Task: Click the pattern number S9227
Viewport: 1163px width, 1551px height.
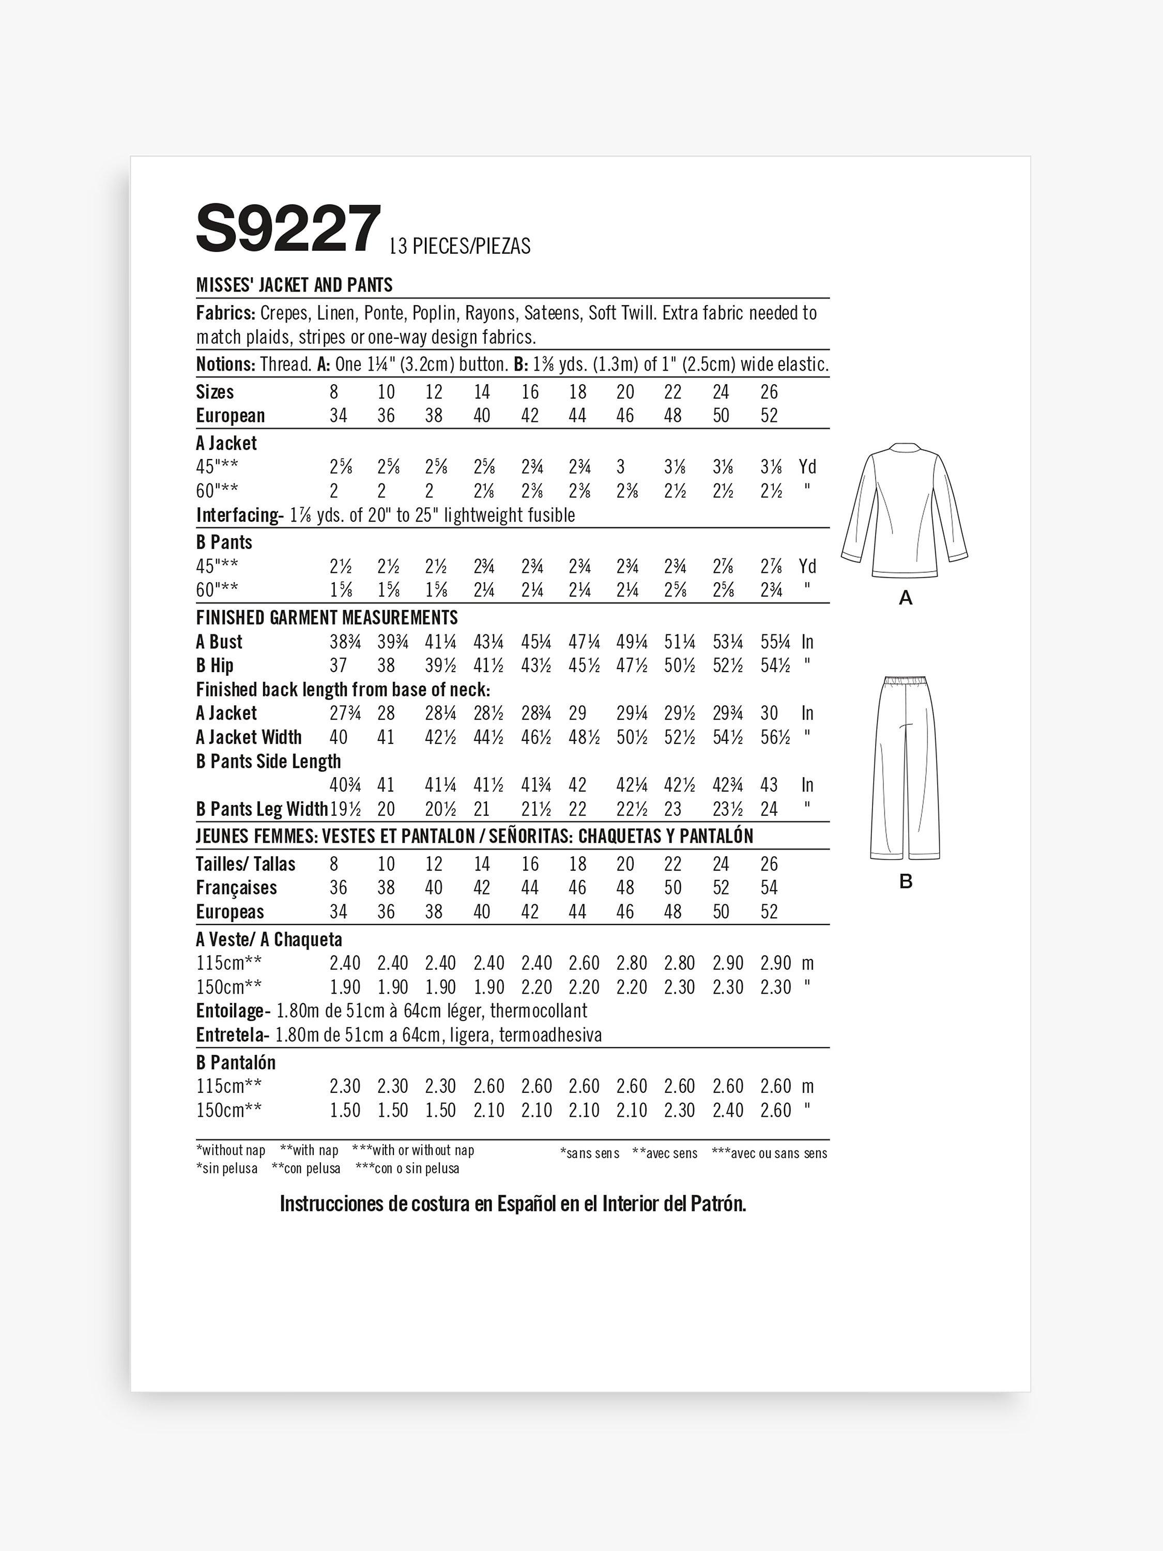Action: (x=288, y=229)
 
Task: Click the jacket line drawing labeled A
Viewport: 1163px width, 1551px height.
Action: (x=905, y=510)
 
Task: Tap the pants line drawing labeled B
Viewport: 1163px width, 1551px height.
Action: (x=905, y=768)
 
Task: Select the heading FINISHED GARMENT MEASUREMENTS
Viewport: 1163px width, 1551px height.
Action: (x=327, y=618)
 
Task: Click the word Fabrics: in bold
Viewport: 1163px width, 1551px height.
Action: (x=225, y=313)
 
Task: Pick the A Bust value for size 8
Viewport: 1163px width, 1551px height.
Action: (x=345, y=642)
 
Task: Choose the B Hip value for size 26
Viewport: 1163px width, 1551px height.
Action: (x=775, y=665)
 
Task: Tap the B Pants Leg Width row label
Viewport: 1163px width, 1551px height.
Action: (x=262, y=809)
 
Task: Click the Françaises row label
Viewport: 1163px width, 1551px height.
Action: (x=236, y=888)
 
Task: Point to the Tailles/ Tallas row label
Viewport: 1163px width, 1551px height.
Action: (x=246, y=864)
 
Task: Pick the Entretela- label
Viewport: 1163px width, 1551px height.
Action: (x=233, y=1035)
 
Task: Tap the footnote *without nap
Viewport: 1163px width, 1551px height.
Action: (x=231, y=1151)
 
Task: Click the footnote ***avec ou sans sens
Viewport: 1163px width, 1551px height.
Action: (x=769, y=1153)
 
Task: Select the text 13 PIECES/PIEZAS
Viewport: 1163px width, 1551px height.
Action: (x=460, y=247)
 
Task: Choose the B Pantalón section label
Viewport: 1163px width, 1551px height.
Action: (x=236, y=1062)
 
